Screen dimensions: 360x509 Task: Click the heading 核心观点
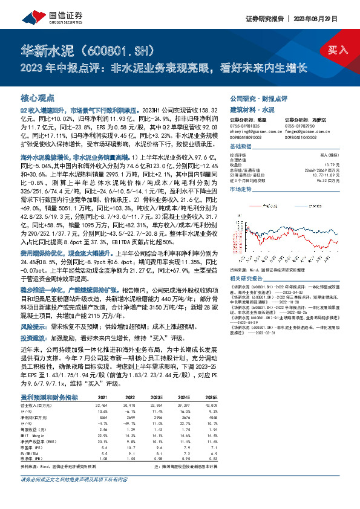click(38, 97)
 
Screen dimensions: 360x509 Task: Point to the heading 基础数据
click(241, 147)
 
